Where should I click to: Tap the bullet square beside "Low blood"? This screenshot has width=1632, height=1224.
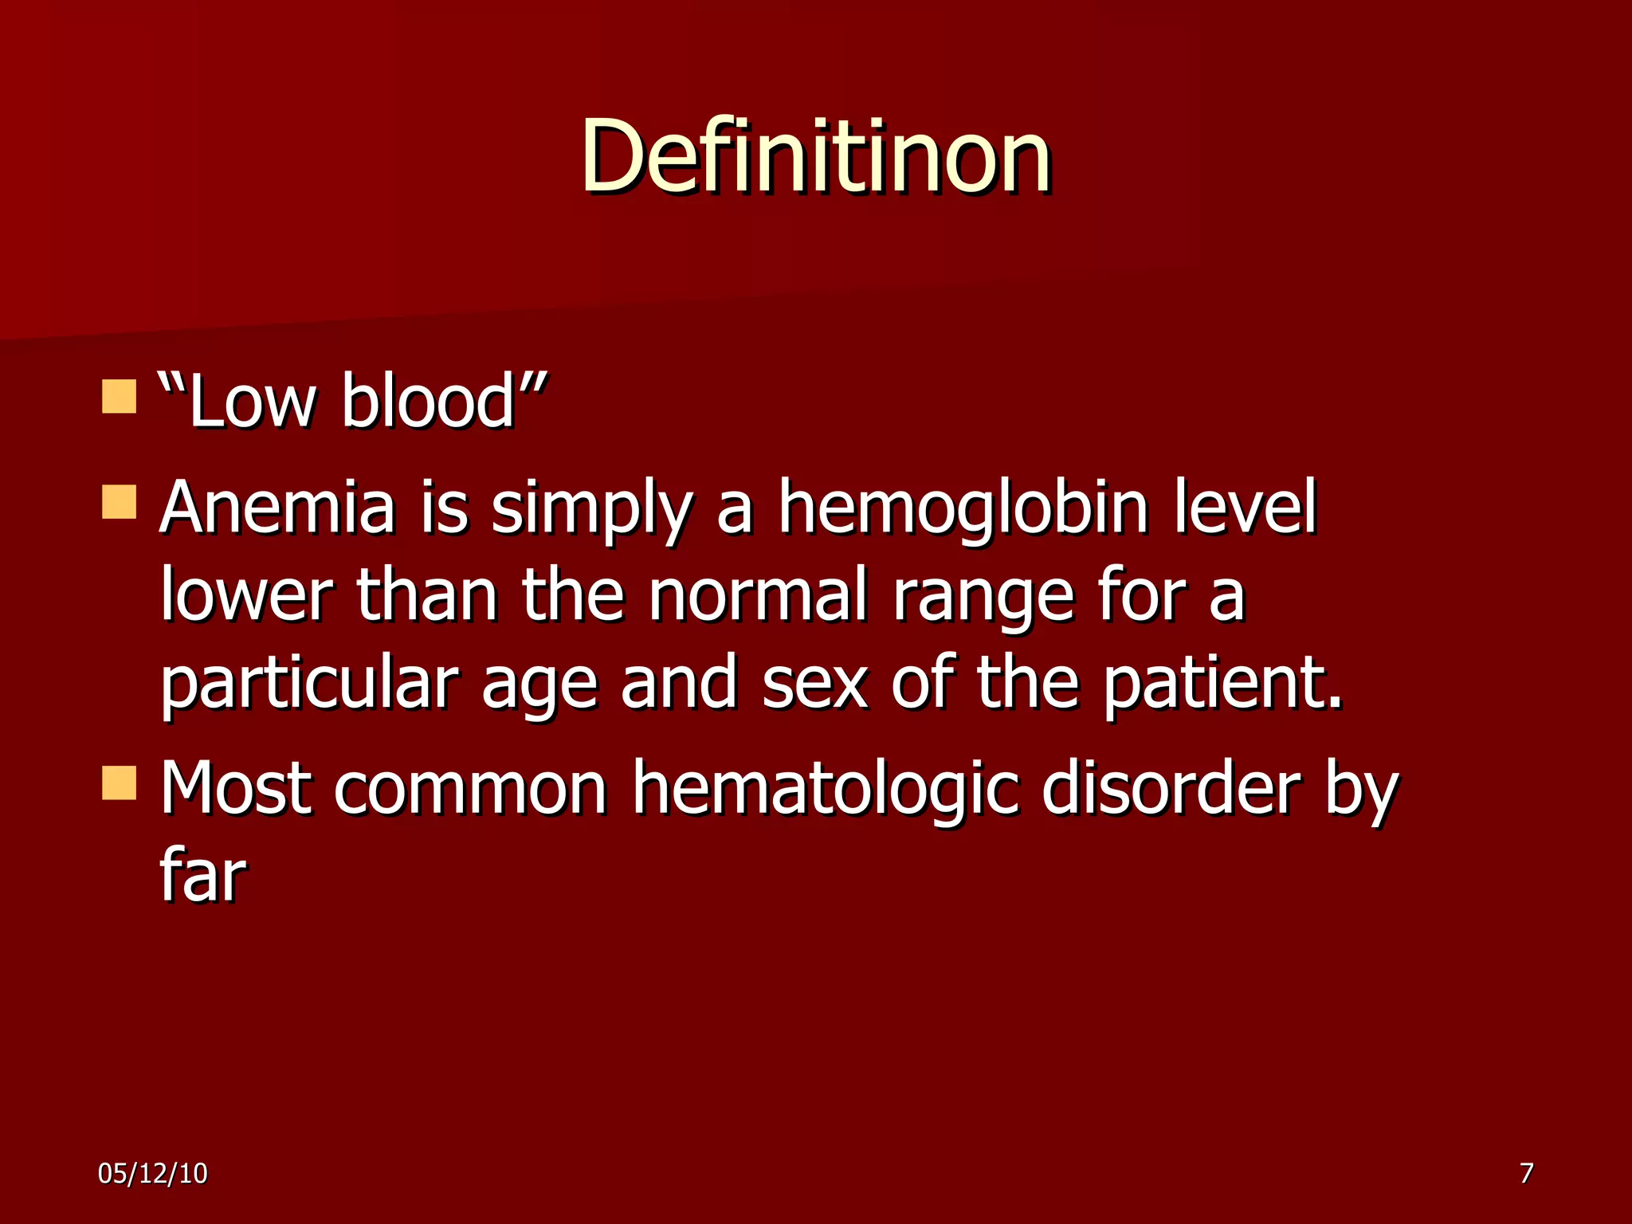119,397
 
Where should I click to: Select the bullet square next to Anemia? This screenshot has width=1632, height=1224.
119,502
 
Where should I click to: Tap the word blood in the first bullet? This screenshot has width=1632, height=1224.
428,401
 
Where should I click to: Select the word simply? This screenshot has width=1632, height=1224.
590,512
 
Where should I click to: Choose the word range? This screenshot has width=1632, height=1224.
983,599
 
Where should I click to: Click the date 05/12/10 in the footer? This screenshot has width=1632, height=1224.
153,1173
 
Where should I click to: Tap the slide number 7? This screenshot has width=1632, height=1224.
1526,1173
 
